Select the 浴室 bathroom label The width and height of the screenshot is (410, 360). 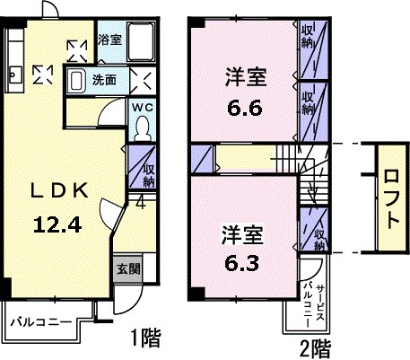109,40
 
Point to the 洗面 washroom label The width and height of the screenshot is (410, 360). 105,79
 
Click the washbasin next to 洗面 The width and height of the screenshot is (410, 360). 77,79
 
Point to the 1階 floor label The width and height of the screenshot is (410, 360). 146,338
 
